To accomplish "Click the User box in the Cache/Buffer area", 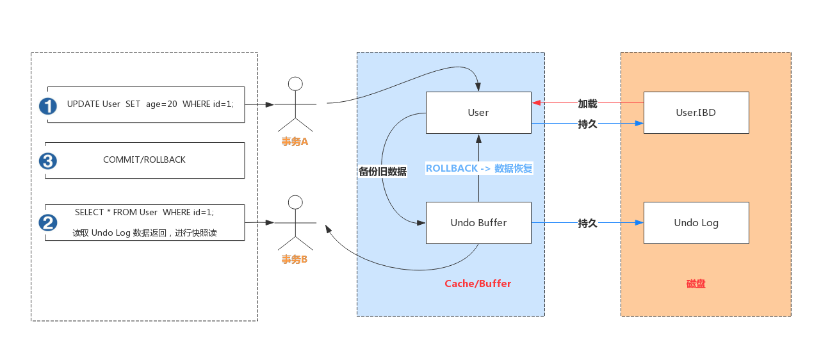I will [x=478, y=113].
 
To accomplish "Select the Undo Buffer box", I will [x=478, y=223].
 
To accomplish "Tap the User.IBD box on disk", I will [x=696, y=113].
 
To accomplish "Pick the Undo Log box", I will [x=696, y=223].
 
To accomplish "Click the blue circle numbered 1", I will [x=48, y=106].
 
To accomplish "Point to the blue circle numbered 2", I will [x=48, y=223].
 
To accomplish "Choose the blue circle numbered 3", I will [x=48, y=161].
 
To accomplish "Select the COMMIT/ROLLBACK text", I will [x=144, y=160].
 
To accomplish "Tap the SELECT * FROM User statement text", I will [x=144, y=212].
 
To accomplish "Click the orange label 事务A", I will [x=295, y=142].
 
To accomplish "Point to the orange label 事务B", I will [x=295, y=259].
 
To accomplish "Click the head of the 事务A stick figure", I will [x=295, y=84].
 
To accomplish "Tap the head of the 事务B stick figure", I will [x=295, y=202].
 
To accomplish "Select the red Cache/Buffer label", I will [x=478, y=283].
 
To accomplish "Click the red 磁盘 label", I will [x=696, y=283].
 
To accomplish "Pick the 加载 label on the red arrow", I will [x=587, y=103].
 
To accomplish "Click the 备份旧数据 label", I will [x=382, y=172].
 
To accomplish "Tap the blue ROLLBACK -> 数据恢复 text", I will [x=479, y=168].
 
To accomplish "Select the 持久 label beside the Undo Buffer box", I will [x=587, y=223].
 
